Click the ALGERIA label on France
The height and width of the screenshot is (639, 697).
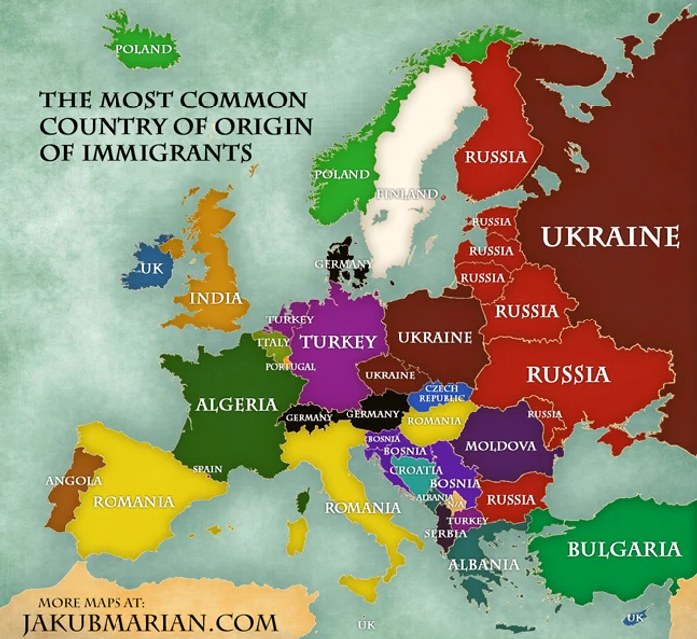[x=236, y=404]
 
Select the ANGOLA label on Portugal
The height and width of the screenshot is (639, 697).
[x=73, y=481]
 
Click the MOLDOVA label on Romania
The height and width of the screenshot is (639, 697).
[x=501, y=445]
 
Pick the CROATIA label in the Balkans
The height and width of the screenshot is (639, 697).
[x=415, y=469]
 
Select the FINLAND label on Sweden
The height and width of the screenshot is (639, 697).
[x=406, y=192]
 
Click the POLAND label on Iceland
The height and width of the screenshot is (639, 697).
[x=145, y=48]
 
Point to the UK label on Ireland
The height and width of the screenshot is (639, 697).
[x=151, y=268]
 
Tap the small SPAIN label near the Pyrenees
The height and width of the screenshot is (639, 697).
[x=208, y=468]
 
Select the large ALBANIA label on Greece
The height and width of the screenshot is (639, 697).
[x=484, y=564]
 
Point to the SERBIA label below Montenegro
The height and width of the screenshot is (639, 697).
[x=445, y=533]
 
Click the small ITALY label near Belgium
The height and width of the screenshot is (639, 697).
[x=273, y=342]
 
